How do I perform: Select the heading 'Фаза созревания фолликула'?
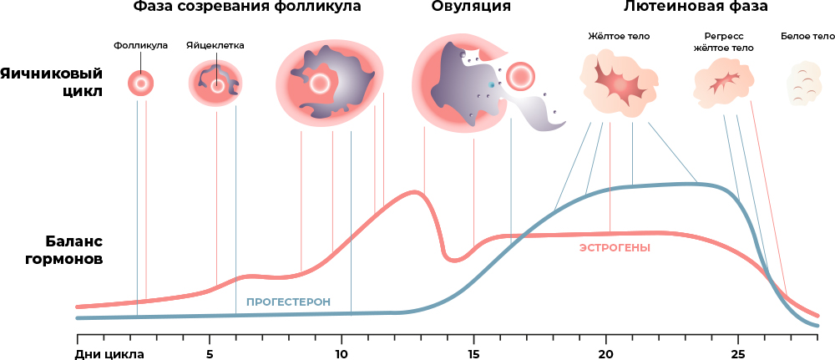248,8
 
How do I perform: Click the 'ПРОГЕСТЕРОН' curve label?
288,302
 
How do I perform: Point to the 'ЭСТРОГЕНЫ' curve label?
615,248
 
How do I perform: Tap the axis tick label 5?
209,352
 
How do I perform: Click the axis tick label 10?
342,352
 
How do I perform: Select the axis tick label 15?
473,352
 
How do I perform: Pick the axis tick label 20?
605,352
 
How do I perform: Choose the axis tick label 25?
738,352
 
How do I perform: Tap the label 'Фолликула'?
141,45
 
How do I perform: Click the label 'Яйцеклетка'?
215,45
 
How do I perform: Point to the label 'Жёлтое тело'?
619,37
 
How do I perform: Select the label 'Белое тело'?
807,37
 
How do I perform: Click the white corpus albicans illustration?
807,82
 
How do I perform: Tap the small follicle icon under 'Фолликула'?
141,83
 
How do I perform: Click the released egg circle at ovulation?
520,76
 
